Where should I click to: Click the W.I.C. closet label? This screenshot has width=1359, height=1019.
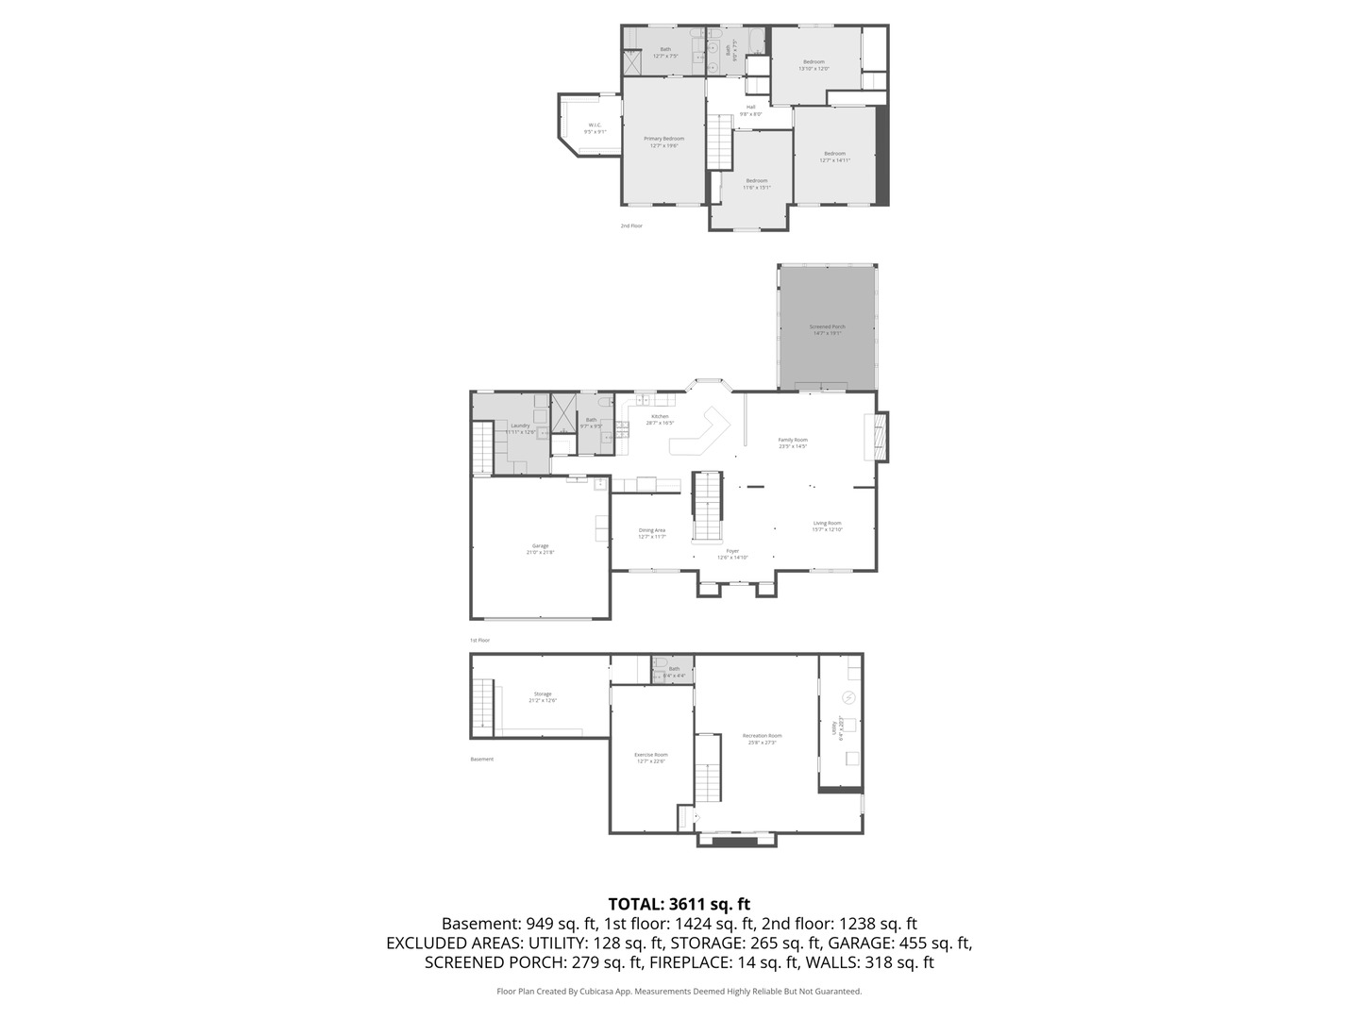pos(595,128)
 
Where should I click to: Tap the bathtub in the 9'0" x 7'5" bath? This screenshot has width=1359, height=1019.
pos(755,42)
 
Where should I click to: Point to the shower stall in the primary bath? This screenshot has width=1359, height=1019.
pos(632,62)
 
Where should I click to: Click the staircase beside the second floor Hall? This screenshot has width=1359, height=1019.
pos(720,142)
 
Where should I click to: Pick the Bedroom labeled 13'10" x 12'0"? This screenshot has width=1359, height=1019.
pos(814,65)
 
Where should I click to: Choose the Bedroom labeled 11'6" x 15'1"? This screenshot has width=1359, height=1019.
pos(757,184)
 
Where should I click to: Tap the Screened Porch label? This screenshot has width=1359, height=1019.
pos(827,329)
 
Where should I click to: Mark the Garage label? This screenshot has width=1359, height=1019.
pos(540,548)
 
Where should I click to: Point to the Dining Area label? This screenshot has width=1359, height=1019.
pos(652,533)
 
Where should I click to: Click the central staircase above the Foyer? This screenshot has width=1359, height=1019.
pos(708,506)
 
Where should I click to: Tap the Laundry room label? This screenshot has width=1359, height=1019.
pos(520,427)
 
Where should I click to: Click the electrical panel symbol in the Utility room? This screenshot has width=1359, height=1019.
pos(848,697)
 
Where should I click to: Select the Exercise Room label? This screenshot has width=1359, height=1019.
pos(650,758)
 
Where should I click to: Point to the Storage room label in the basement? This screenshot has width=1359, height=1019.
pos(543,696)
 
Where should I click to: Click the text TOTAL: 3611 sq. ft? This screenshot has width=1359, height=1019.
pos(679,904)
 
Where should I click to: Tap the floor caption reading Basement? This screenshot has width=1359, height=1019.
pos(481,759)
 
